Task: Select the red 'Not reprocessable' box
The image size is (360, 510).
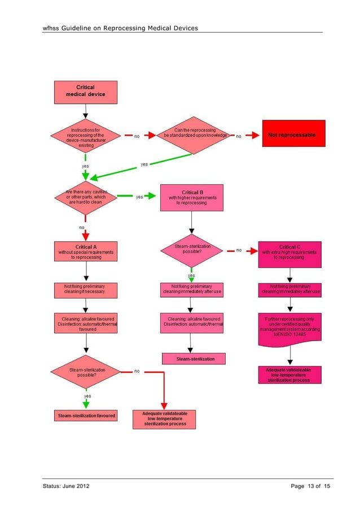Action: (292, 136)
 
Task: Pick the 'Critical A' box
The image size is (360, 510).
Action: (86, 252)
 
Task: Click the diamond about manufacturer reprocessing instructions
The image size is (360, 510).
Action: (86, 136)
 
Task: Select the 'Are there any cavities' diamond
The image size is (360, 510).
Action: (86, 197)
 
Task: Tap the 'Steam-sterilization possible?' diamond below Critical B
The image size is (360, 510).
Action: (193, 250)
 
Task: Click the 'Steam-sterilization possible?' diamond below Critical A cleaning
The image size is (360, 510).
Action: (86, 372)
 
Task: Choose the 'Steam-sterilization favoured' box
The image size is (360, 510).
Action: (86, 416)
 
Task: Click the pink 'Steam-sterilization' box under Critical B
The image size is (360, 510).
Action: (193, 358)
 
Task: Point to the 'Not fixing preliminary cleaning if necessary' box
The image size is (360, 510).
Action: (86, 290)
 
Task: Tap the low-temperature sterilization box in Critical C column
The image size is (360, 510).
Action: (289, 374)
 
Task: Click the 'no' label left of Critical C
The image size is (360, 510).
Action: (239, 250)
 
